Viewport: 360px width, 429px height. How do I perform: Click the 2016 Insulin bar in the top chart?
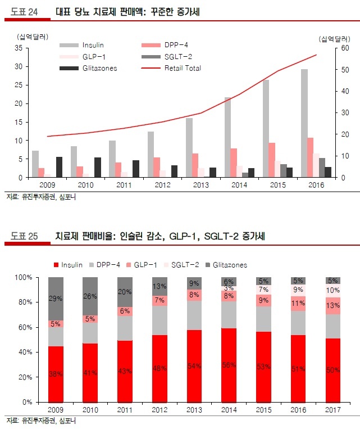[x=304, y=124]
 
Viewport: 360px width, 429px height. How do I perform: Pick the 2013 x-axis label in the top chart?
[x=200, y=185]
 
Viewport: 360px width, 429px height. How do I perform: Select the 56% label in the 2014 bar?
[x=229, y=365]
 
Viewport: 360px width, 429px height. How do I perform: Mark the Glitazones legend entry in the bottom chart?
[x=228, y=265]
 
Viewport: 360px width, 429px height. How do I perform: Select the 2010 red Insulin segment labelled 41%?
[x=90, y=372]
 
